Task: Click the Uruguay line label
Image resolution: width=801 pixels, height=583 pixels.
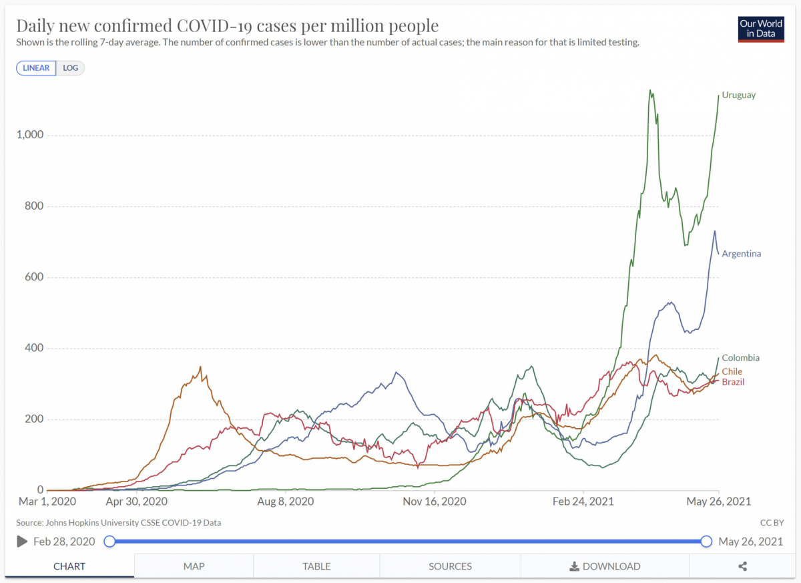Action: click(x=739, y=95)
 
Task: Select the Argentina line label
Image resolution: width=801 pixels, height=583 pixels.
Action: click(x=741, y=254)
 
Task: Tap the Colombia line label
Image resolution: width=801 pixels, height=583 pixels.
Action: click(x=740, y=358)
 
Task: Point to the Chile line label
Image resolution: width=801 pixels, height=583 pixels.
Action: click(x=732, y=371)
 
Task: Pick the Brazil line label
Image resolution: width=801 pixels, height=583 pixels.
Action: click(x=733, y=382)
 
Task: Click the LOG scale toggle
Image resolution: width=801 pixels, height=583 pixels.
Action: click(x=71, y=68)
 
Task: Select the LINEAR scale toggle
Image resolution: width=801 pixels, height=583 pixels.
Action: click(x=36, y=68)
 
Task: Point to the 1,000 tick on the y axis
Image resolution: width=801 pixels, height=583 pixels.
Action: click(x=29, y=135)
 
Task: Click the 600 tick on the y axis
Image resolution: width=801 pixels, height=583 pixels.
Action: click(x=34, y=277)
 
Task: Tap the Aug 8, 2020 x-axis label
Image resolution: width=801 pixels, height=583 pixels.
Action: click(x=285, y=502)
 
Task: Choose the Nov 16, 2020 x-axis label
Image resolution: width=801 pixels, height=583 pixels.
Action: click(x=434, y=502)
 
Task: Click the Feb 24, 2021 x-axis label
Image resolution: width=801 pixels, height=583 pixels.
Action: click(x=583, y=502)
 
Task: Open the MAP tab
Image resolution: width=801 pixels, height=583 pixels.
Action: click(x=194, y=566)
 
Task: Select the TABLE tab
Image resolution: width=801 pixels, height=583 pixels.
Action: click(x=316, y=566)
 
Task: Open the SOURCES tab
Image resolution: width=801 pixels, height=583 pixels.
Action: click(x=450, y=566)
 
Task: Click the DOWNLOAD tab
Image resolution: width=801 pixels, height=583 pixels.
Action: click(x=605, y=566)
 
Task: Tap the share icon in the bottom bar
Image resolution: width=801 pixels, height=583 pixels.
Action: click(x=742, y=566)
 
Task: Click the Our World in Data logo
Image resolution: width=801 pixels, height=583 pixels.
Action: click(x=761, y=29)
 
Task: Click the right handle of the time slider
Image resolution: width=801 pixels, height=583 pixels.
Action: click(x=706, y=542)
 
